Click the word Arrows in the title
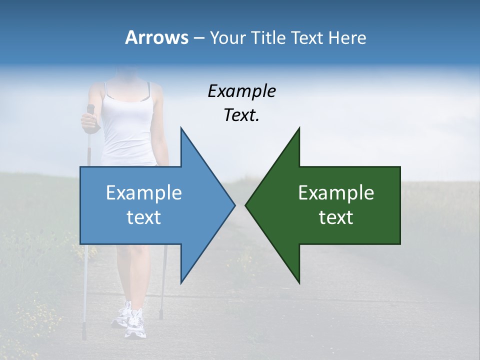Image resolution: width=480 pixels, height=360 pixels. point(156,37)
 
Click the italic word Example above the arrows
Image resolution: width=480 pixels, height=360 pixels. point(241,91)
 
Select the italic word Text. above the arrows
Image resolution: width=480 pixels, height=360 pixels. point(241,115)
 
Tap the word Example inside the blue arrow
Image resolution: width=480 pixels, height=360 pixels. point(144,193)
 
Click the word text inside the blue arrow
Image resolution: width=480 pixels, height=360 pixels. point(144,217)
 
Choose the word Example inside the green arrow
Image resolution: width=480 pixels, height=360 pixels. point(336,193)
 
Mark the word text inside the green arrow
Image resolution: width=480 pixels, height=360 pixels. point(336,217)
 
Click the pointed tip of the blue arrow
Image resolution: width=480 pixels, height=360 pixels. point(234,205)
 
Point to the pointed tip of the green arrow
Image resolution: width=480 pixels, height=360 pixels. point(245,205)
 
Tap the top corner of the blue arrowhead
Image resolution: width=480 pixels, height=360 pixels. point(181,128)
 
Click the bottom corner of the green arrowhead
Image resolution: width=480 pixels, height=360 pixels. point(299,283)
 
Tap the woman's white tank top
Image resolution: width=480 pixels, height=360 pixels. point(128,130)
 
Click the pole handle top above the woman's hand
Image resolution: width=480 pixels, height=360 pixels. point(90,107)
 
